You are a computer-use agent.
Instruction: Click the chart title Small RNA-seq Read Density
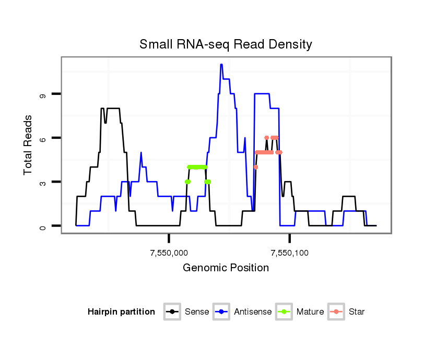[x=226, y=44]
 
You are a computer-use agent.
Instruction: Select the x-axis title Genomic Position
[x=226, y=268]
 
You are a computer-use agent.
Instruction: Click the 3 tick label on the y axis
[x=42, y=182]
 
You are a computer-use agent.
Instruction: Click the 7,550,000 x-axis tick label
[x=169, y=253]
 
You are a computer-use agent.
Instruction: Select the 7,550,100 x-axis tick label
[x=290, y=253]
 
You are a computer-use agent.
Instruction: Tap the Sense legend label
[x=196, y=312]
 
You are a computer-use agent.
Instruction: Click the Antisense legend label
[x=253, y=312]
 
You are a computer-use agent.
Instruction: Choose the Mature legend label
[x=310, y=312]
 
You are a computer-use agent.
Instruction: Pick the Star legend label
[x=356, y=312]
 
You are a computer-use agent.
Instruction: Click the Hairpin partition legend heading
[x=121, y=312]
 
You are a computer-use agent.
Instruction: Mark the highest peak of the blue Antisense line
[x=221, y=65]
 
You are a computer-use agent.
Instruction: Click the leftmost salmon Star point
[x=256, y=167]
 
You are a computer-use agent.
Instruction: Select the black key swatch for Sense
[x=173, y=312]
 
